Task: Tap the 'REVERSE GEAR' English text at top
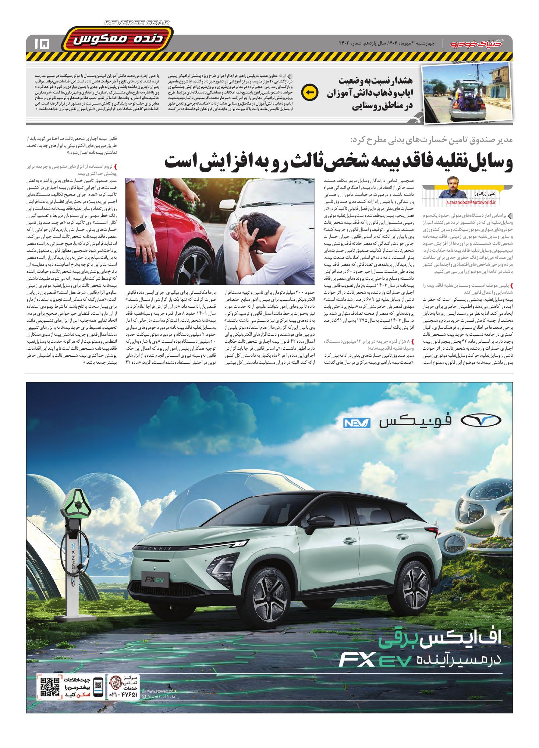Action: click(137, 23)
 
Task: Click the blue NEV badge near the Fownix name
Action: click(355, 423)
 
